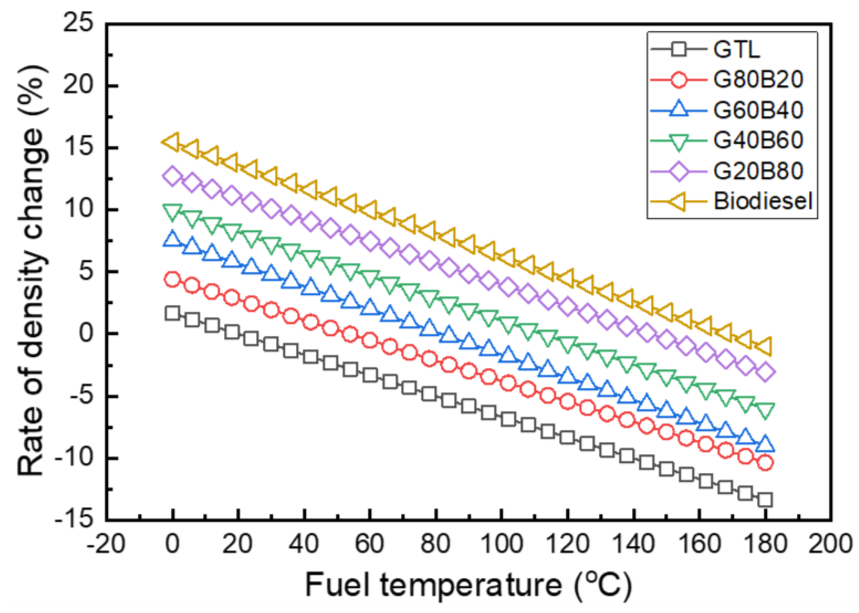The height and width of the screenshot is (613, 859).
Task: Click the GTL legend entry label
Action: [x=736, y=50]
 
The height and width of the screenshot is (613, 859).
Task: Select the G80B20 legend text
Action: [x=758, y=79]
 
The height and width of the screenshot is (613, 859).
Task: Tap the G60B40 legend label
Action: [x=758, y=110]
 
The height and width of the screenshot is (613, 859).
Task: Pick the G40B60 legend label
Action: [x=758, y=140]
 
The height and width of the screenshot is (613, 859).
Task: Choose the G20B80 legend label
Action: [x=758, y=171]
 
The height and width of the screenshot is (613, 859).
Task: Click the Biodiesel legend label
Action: [x=763, y=201]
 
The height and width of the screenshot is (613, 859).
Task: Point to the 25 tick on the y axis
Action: [x=78, y=23]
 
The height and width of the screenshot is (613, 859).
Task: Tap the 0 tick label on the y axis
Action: [x=86, y=333]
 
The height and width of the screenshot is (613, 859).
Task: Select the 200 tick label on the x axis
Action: [x=830, y=544]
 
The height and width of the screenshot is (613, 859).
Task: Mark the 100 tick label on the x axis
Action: [x=502, y=544]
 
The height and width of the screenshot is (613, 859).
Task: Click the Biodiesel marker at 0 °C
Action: [x=171, y=142]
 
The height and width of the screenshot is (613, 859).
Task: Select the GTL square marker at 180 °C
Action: [x=765, y=500]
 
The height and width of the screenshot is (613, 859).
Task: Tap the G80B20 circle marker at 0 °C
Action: [x=172, y=279]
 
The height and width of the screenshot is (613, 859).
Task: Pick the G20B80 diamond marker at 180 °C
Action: [x=765, y=372]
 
